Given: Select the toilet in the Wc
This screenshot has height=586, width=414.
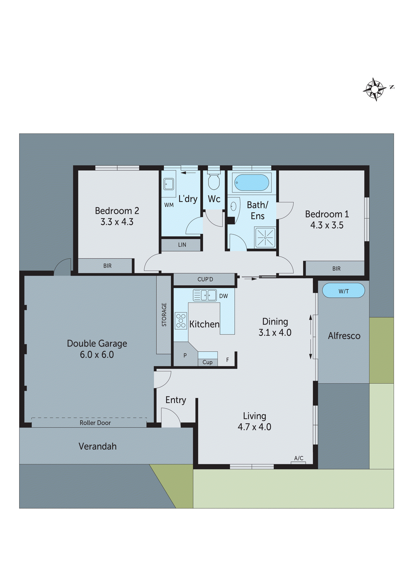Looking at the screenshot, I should pos(213,181).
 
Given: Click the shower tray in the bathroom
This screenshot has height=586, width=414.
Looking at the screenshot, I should pos(265,237).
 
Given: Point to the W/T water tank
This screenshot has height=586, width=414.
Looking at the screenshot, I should pos(343,291).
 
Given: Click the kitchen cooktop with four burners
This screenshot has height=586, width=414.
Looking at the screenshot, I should pos(181,321).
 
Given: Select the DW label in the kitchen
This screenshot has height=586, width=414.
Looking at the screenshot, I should pos(224,296).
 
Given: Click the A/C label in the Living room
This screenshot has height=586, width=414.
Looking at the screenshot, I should pos(299,458).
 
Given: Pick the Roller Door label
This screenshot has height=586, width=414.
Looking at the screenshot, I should pos(95,423).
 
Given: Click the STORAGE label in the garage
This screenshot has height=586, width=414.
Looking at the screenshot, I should pos(164,315).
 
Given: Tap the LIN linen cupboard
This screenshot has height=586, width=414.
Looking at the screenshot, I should pos(182,245).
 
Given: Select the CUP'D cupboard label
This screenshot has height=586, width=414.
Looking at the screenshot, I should pos(205,279).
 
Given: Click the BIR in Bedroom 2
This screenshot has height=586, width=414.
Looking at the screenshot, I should pos(107,266).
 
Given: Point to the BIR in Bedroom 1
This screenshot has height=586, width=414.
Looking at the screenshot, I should pos(336,269).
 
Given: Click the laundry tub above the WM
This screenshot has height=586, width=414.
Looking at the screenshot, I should pos(169,184).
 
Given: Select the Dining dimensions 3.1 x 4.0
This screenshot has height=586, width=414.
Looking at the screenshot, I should pos(275,333).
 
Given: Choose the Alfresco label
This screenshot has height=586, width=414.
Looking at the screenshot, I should pos(344,336).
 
